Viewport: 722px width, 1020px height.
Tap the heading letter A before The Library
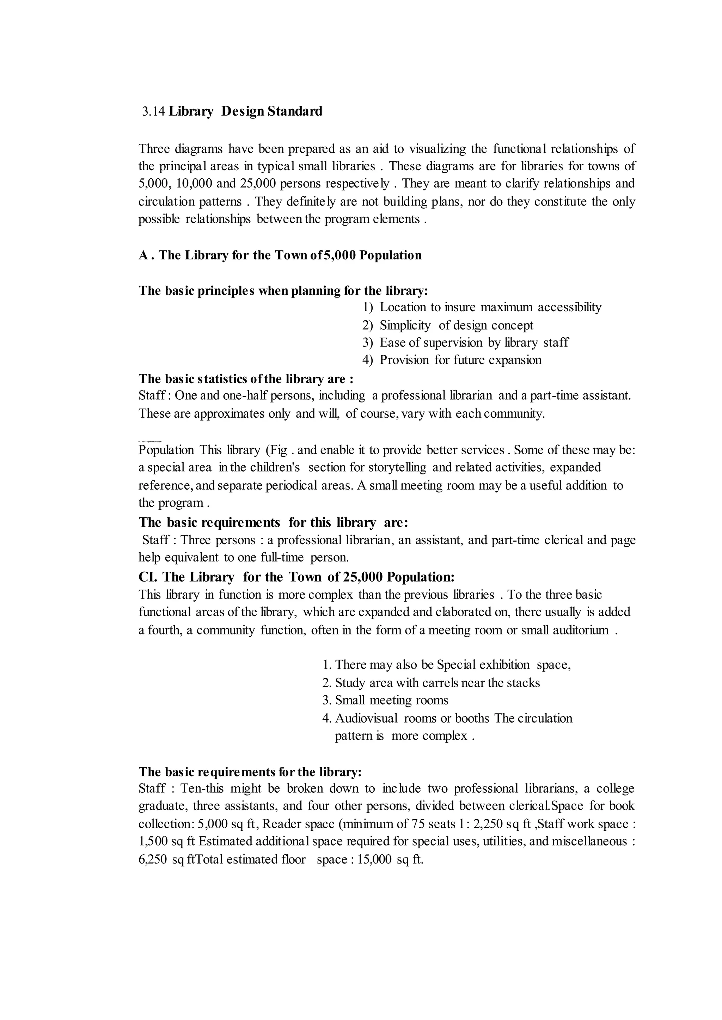pyautogui.click(x=143, y=256)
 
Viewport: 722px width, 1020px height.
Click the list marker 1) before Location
pyautogui.click(x=368, y=308)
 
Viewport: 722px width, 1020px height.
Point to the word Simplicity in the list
pyautogui.click(x=405, y=325)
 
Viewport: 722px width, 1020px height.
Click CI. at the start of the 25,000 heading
pyautogui.click(x=148, y=577)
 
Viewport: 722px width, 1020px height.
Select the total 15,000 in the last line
pyautogui.click(x=374, y=860)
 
